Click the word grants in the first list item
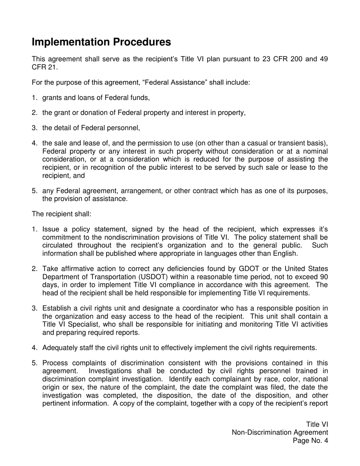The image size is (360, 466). pyautogui.click(x=52, y=98)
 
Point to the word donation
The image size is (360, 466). pyautogui.click(x=100, y=113)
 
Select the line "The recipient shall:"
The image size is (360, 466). pyautogui.click(x=61, y=214)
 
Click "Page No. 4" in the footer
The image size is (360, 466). pyautogui.click(x=310, y=441)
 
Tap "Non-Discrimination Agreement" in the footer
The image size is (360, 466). pyautogui.click(x=280, y=432)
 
